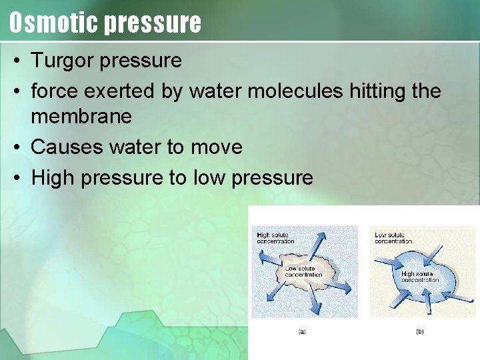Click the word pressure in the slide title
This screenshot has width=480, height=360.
click(x=153, y=23)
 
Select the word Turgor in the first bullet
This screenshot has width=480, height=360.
click(x=62, y=61)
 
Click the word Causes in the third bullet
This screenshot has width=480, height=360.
click(x=61, y=147)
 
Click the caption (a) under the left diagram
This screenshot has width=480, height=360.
click(x=302, y=331)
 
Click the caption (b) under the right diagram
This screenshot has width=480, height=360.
click(x=419, y=331)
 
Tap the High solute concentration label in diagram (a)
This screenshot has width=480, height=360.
click(x=275, y=238)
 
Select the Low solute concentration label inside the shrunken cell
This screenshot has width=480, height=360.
click(x=303, y=271)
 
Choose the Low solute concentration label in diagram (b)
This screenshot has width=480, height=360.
click(x=393, y=238)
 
